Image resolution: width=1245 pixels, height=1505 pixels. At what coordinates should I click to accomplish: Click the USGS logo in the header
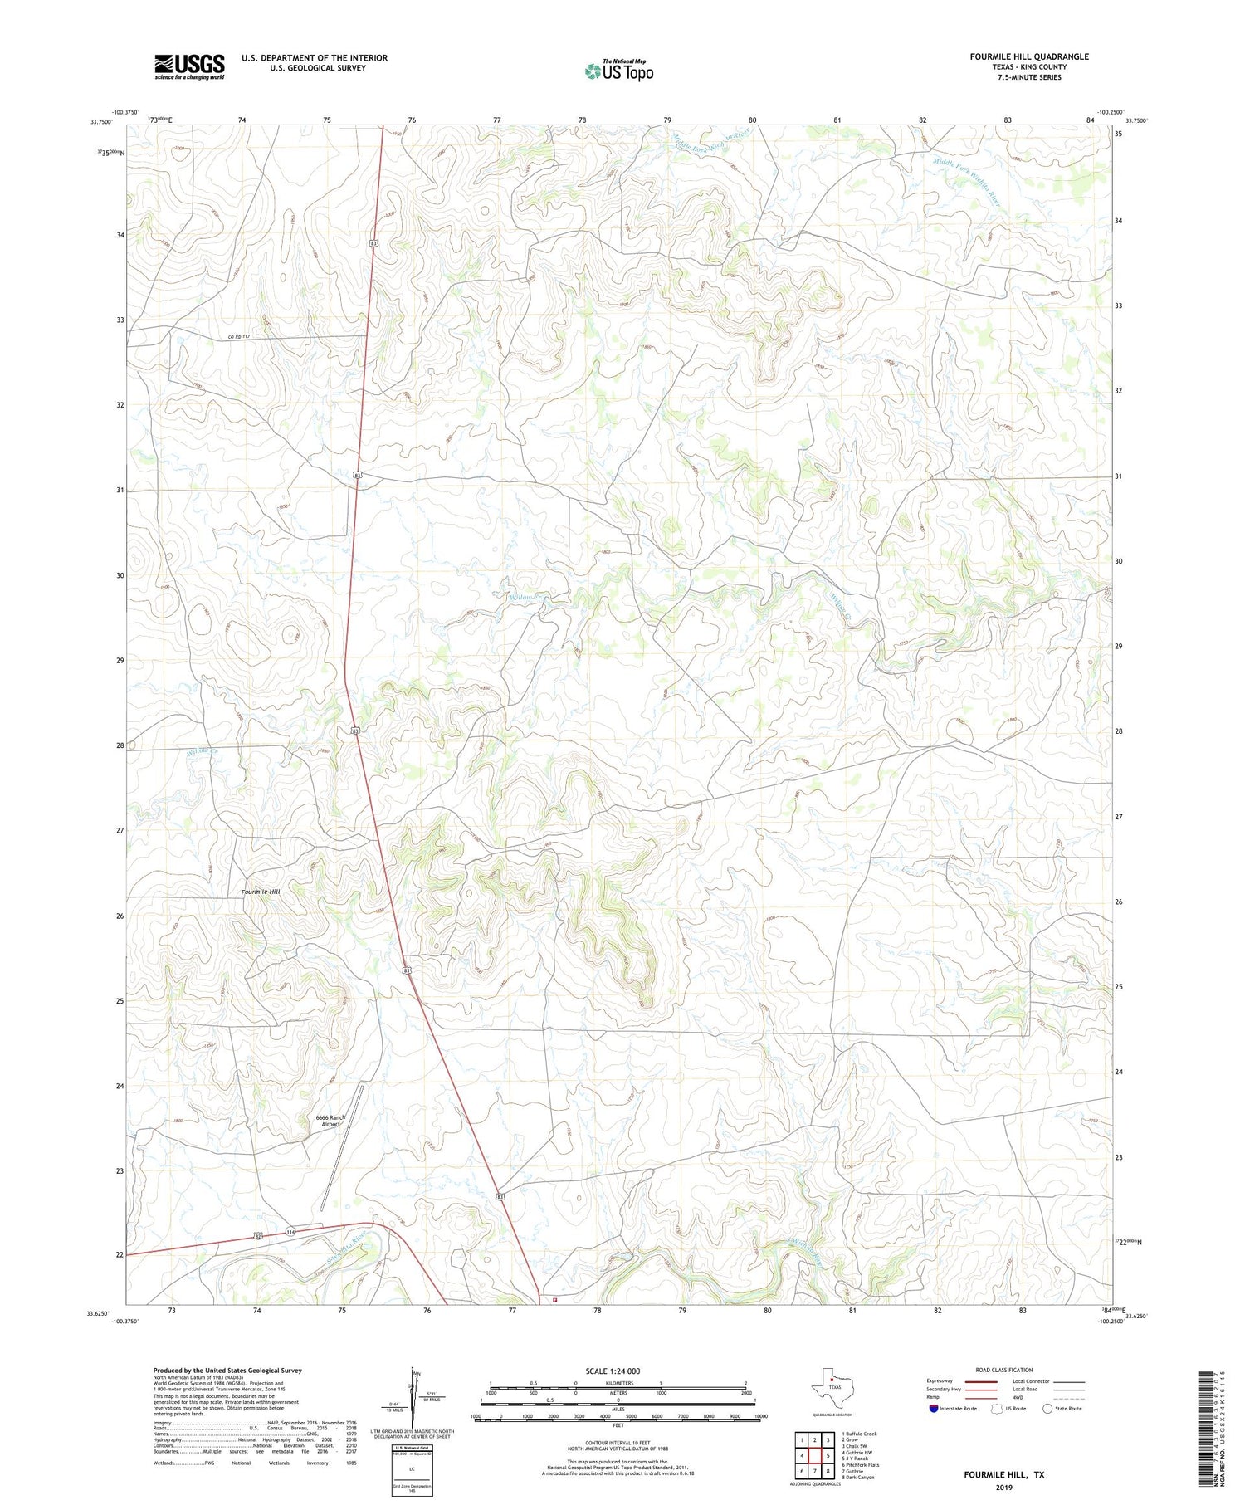click(189, 66)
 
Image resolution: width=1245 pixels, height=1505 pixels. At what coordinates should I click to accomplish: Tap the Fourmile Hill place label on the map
click(261, 892)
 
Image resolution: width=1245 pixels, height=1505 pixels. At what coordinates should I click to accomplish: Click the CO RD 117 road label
click(238, 336)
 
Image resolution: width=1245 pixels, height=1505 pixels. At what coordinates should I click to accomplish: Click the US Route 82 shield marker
click(259, 1236)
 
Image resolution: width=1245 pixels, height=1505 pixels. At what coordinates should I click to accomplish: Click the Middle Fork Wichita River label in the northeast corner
click(966, 183)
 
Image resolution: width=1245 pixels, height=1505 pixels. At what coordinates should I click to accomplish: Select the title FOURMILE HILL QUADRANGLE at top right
click(1029, 56)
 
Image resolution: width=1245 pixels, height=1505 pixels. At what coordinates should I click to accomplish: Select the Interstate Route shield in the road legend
click(934, 1409)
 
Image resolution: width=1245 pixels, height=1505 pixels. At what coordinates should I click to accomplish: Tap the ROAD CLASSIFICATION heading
click(1003, 1370)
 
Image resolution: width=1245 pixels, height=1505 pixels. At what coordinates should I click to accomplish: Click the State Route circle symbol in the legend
click(1047, 1409)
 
